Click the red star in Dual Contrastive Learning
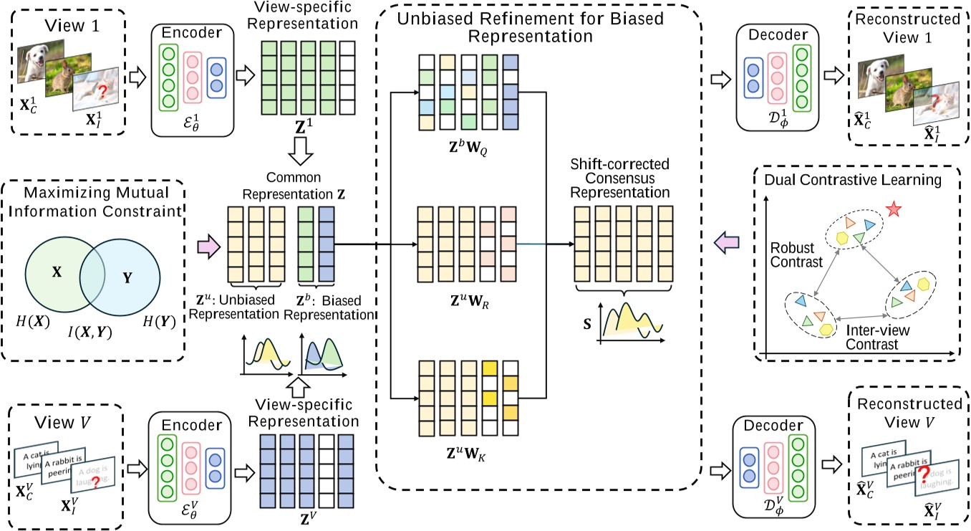(892, 209)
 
